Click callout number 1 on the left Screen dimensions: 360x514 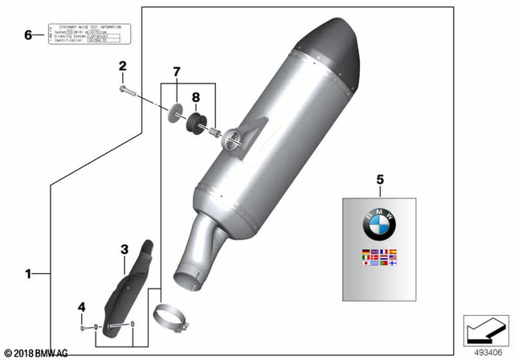tap(27, 274)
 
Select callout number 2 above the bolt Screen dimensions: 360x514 tap(123, 66)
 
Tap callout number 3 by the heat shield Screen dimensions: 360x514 tap(124, 250)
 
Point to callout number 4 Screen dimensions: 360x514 tap(81, 307)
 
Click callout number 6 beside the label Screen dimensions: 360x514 tap(28, 35)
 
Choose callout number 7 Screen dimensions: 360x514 tap(177, 73)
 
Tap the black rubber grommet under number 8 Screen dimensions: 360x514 tap(194, 123)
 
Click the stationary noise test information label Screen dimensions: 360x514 tap(88, 34)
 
